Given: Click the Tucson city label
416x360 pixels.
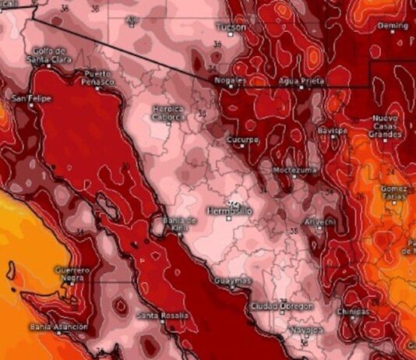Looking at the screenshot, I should [x=231, y=27].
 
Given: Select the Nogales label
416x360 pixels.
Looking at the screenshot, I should [x=231, y=80].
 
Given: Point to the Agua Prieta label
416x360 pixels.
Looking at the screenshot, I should [x=301, y=81].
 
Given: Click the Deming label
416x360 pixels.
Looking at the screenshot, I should [x=393, y=26].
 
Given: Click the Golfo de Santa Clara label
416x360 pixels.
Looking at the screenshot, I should [x=49, y=55].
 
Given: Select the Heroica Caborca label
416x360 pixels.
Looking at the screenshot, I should [x=168, y=112].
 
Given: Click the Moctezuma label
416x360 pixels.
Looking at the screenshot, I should [x=294, y=170].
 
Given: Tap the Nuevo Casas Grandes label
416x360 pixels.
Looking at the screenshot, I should [x=385, y=125].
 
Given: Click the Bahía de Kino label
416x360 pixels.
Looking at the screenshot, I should [x=180, y=223].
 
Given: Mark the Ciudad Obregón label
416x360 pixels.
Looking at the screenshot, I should [x=281, y=306].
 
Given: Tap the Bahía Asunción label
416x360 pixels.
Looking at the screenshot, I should [x=58, y=327].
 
